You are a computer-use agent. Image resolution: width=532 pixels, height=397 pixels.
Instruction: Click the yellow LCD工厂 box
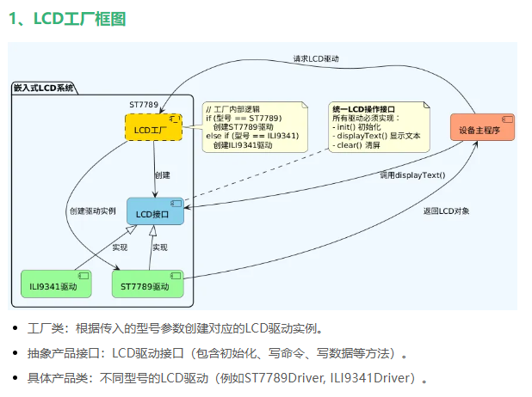(x=154, y=127)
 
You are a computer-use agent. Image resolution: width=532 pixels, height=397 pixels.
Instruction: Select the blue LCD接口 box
(x=156, y=211)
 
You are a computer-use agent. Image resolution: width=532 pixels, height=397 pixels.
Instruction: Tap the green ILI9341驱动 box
(x=56, y=284)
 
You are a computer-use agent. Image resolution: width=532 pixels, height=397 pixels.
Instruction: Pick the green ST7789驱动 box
(x=147, y=284)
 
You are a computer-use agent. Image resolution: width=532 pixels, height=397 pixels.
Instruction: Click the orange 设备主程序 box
(x=482, y=127)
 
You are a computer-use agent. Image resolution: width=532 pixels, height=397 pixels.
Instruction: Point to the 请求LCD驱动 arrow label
(x=316, y=59)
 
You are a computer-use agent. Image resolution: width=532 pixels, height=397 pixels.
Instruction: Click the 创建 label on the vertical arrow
(x=163, y=175)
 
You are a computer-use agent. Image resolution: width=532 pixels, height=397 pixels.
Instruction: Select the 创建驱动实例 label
(x=93, y=211)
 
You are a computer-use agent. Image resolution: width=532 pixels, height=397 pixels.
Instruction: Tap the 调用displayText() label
(x=412, y=175)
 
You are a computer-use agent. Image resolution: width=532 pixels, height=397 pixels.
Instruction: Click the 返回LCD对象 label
(x=446, y=211)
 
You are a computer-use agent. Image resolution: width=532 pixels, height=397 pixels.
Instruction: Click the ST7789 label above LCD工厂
(x=144, y=105)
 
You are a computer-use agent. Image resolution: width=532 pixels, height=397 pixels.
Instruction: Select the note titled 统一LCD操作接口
(x=379, y=127)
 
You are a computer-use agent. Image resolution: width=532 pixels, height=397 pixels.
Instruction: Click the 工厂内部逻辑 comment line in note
(x=232, y=109)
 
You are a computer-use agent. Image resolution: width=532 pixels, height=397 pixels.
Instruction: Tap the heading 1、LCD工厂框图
(x=67, y=19)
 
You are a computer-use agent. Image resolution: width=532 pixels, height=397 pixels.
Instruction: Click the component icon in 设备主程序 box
(x=507, y=119)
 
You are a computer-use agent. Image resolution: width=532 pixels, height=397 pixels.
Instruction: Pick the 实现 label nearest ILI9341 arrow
(x=120, y=247)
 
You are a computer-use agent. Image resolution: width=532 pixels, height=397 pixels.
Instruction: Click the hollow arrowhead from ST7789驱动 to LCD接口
(x=153, y=230)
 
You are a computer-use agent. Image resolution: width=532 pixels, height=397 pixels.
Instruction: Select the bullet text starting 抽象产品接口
(x=218, y=353)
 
